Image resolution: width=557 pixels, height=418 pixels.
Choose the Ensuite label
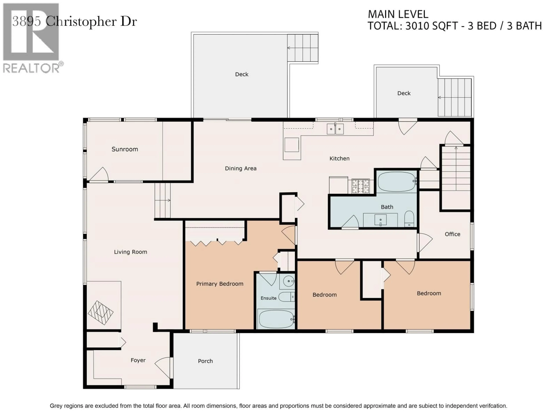268,298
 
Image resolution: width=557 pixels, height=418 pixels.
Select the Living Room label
130,252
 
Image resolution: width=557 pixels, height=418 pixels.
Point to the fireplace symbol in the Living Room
101,313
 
